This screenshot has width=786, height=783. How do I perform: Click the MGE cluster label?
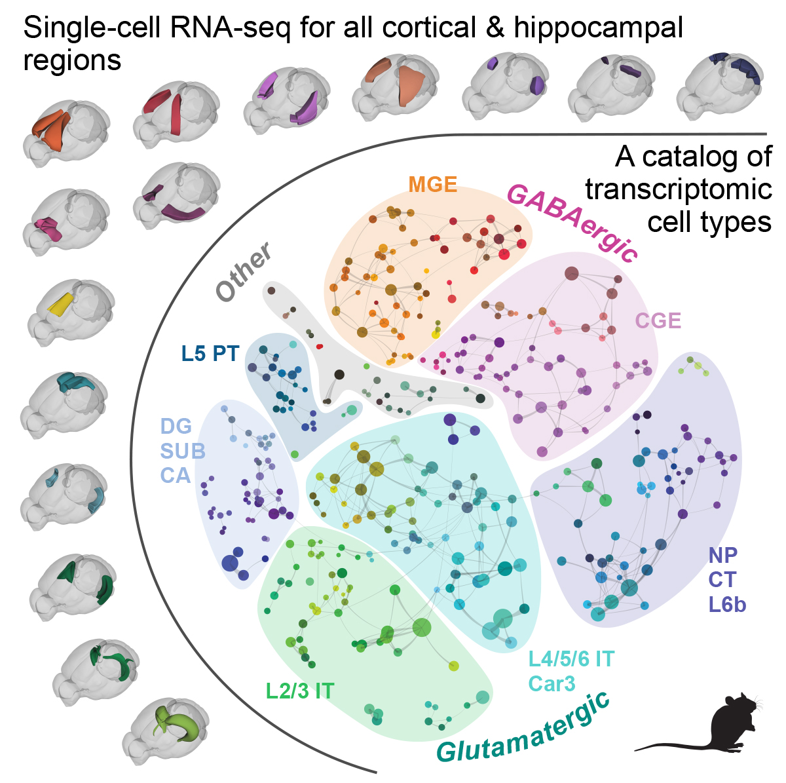(432, 184)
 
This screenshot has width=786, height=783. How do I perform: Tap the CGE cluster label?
(658, 320)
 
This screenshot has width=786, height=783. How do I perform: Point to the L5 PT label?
(210, 354)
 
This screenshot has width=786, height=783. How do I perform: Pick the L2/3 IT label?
(299, 691)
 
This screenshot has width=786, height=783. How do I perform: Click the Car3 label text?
(552, 683)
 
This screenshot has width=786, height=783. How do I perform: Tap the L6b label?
(727, 604)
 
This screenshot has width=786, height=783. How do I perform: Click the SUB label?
(183, 451)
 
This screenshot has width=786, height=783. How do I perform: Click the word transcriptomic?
(678, 189)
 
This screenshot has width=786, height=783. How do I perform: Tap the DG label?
(176, 427)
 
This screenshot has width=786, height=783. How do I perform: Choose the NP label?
(722, 555)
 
